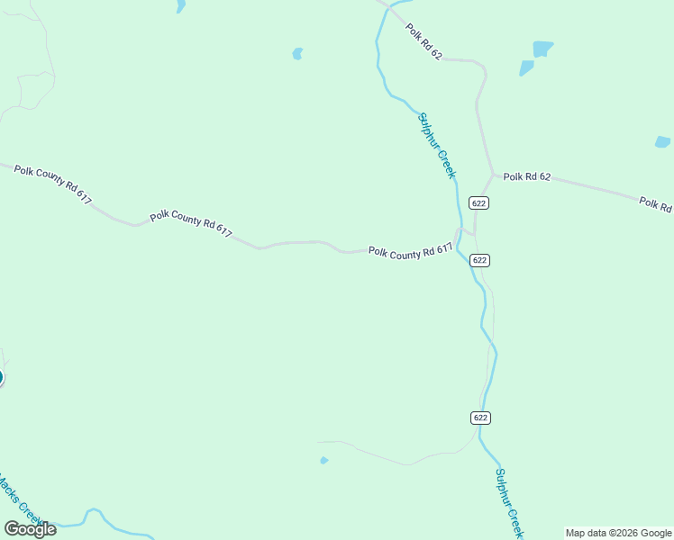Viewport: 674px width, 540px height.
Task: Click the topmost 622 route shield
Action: [x=478, y=203]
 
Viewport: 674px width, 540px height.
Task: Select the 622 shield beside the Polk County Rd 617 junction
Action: [x=479, y=260]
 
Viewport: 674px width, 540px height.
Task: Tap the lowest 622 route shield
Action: [x=479, y=418]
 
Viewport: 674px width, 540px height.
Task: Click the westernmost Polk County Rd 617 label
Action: [x=52, y=184]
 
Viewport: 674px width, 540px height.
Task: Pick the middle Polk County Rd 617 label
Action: [x=191, y=224]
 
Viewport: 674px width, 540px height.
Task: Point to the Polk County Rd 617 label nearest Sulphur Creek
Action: [x=409, y=253]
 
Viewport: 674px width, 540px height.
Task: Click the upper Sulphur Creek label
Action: [x=437, y=145]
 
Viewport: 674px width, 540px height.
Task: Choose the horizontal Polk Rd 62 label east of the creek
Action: [x=527, y=176]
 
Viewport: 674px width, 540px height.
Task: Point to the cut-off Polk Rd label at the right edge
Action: [x=656, y=203]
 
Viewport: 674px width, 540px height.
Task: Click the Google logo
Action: [x=30, y=529]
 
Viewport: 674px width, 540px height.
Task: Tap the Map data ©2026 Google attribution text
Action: [x=618, y=533]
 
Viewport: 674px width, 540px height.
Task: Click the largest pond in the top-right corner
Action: [x=542, y=49]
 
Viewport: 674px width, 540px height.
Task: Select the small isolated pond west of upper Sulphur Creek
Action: [x=297, y=54]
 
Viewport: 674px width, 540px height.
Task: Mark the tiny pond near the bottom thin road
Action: [x=323, y=461]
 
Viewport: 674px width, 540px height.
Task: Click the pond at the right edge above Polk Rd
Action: [x=662, y=142]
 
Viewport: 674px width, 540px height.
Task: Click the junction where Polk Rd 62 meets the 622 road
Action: [x=492, y=172]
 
